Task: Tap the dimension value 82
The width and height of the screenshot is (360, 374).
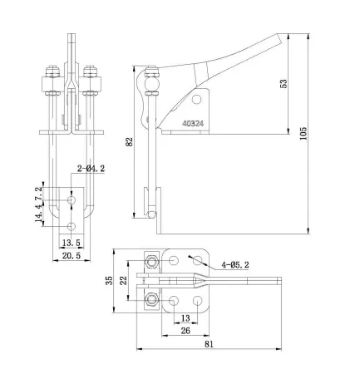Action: (x=129, y=142)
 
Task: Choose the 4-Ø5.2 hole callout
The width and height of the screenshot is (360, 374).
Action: (x=235, y=266)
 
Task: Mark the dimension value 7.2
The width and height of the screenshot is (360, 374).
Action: (x=37, y=194)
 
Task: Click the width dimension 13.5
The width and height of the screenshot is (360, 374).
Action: (x=72, y=243)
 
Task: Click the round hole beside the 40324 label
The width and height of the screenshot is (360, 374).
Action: (x=196, y=100)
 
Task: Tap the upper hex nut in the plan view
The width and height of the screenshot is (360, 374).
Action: (x=151, y=263)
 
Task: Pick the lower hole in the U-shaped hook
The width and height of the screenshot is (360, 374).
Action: (x=72, y=226)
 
